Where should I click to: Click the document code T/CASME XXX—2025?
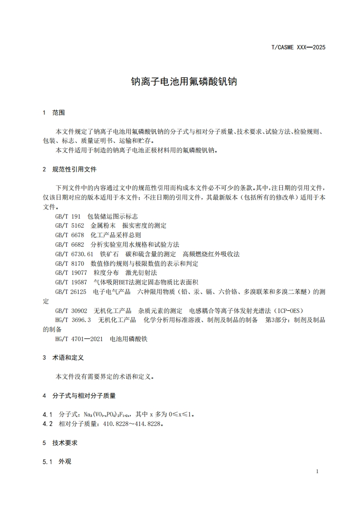coord(298,47)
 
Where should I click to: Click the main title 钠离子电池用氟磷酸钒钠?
coord(184,82)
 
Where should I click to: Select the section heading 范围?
coord(59,113)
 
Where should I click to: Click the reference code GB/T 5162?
coord(70,225)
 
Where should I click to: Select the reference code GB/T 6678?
coord(70,235)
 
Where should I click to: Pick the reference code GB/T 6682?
coord(70,244)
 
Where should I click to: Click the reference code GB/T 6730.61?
coord(74,254)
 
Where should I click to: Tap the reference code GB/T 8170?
coord(70,263)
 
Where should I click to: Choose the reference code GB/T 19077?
coord(71,273)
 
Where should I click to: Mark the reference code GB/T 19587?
coord(71,282)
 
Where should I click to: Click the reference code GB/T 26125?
coord(71,292)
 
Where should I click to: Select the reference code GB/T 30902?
coord(71,311)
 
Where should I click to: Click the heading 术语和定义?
coord(68,357)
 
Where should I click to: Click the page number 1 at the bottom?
coord(317,471)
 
